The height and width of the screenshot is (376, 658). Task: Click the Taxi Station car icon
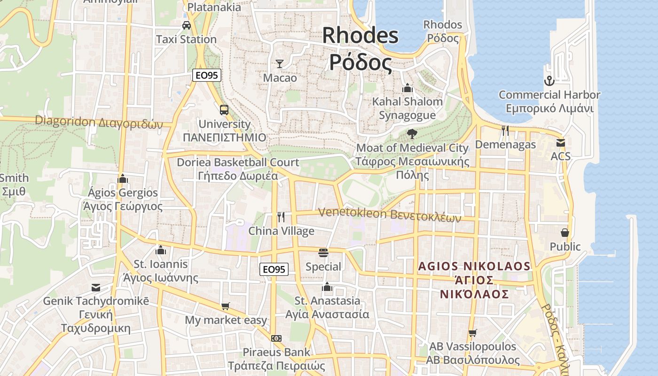click(187, 25)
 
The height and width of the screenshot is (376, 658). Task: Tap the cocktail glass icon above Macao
click(280, 63)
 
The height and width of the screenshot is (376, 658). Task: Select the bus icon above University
click(224, 110)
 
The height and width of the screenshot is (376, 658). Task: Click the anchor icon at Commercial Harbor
click(549, 81)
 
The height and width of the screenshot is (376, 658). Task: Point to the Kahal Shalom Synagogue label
click(407, 108)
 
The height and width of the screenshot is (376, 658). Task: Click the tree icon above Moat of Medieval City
click(412, 134)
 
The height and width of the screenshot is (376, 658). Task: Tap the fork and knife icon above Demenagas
click(505, 130)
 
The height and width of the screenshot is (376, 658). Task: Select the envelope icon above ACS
click(560, 142)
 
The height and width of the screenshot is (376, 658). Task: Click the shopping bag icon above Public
click(565, 233)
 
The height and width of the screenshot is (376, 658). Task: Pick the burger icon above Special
click(323, 253)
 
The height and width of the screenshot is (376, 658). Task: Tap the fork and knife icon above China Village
click(281, 217)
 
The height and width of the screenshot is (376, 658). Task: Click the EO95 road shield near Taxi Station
click(207, 75)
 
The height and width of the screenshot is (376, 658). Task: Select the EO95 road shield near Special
click(274, 269)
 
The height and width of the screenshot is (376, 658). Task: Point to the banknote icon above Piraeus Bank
click(276, 338)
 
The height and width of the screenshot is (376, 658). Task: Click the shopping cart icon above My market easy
click(226, 306)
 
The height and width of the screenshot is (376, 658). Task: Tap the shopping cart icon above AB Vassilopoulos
click(473, 333)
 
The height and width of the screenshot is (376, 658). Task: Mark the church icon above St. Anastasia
click(327, 287)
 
